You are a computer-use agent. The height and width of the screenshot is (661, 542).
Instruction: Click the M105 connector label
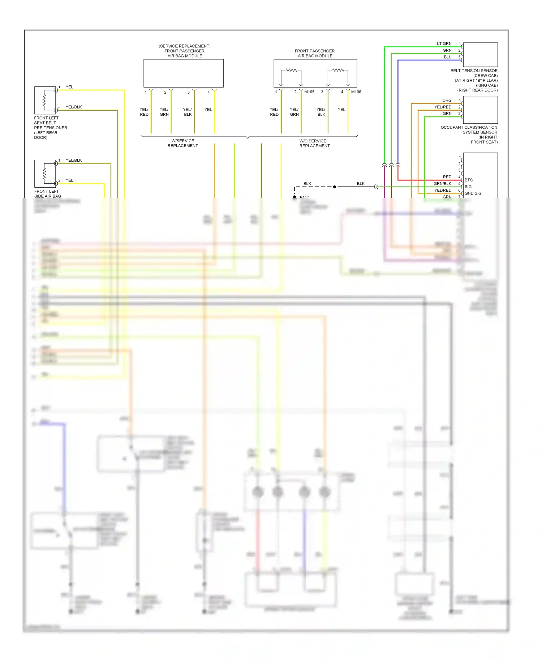point(309,92)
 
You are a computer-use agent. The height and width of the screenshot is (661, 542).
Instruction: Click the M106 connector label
point(356,92)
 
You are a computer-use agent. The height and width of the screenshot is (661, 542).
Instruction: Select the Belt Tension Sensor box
point(480,55)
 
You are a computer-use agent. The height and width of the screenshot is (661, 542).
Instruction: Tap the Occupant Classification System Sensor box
point(480,110)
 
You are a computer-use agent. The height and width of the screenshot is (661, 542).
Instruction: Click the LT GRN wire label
point(444,44)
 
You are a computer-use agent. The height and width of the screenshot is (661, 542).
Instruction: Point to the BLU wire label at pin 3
point(448,57)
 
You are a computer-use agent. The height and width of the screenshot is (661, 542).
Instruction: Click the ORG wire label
point(447,100)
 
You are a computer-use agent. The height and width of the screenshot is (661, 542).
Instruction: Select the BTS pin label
point(469,180)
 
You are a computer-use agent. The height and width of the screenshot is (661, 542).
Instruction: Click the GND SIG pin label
point(473,193)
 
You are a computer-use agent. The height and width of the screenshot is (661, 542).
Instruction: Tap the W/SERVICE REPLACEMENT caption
point(182,143)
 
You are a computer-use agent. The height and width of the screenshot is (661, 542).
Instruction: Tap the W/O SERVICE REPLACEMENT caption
point(314,143)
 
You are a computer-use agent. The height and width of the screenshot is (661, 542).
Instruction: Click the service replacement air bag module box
point(184,73)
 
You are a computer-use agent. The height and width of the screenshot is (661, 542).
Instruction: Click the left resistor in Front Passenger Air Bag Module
point(291,70)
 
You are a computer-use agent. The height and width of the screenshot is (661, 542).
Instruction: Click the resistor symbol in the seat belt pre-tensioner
point(44,100)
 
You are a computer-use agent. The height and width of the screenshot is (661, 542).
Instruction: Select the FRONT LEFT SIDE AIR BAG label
point(47,194)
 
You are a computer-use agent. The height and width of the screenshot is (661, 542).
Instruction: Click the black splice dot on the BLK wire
point(335,187)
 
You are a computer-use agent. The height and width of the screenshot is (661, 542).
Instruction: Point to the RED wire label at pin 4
point(447,177)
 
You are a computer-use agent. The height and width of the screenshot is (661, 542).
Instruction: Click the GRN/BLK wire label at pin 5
point(442,184)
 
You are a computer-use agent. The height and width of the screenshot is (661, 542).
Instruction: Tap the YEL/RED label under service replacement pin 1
point(144,112)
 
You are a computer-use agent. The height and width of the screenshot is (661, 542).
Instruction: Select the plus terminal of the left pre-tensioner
point(59,87)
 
